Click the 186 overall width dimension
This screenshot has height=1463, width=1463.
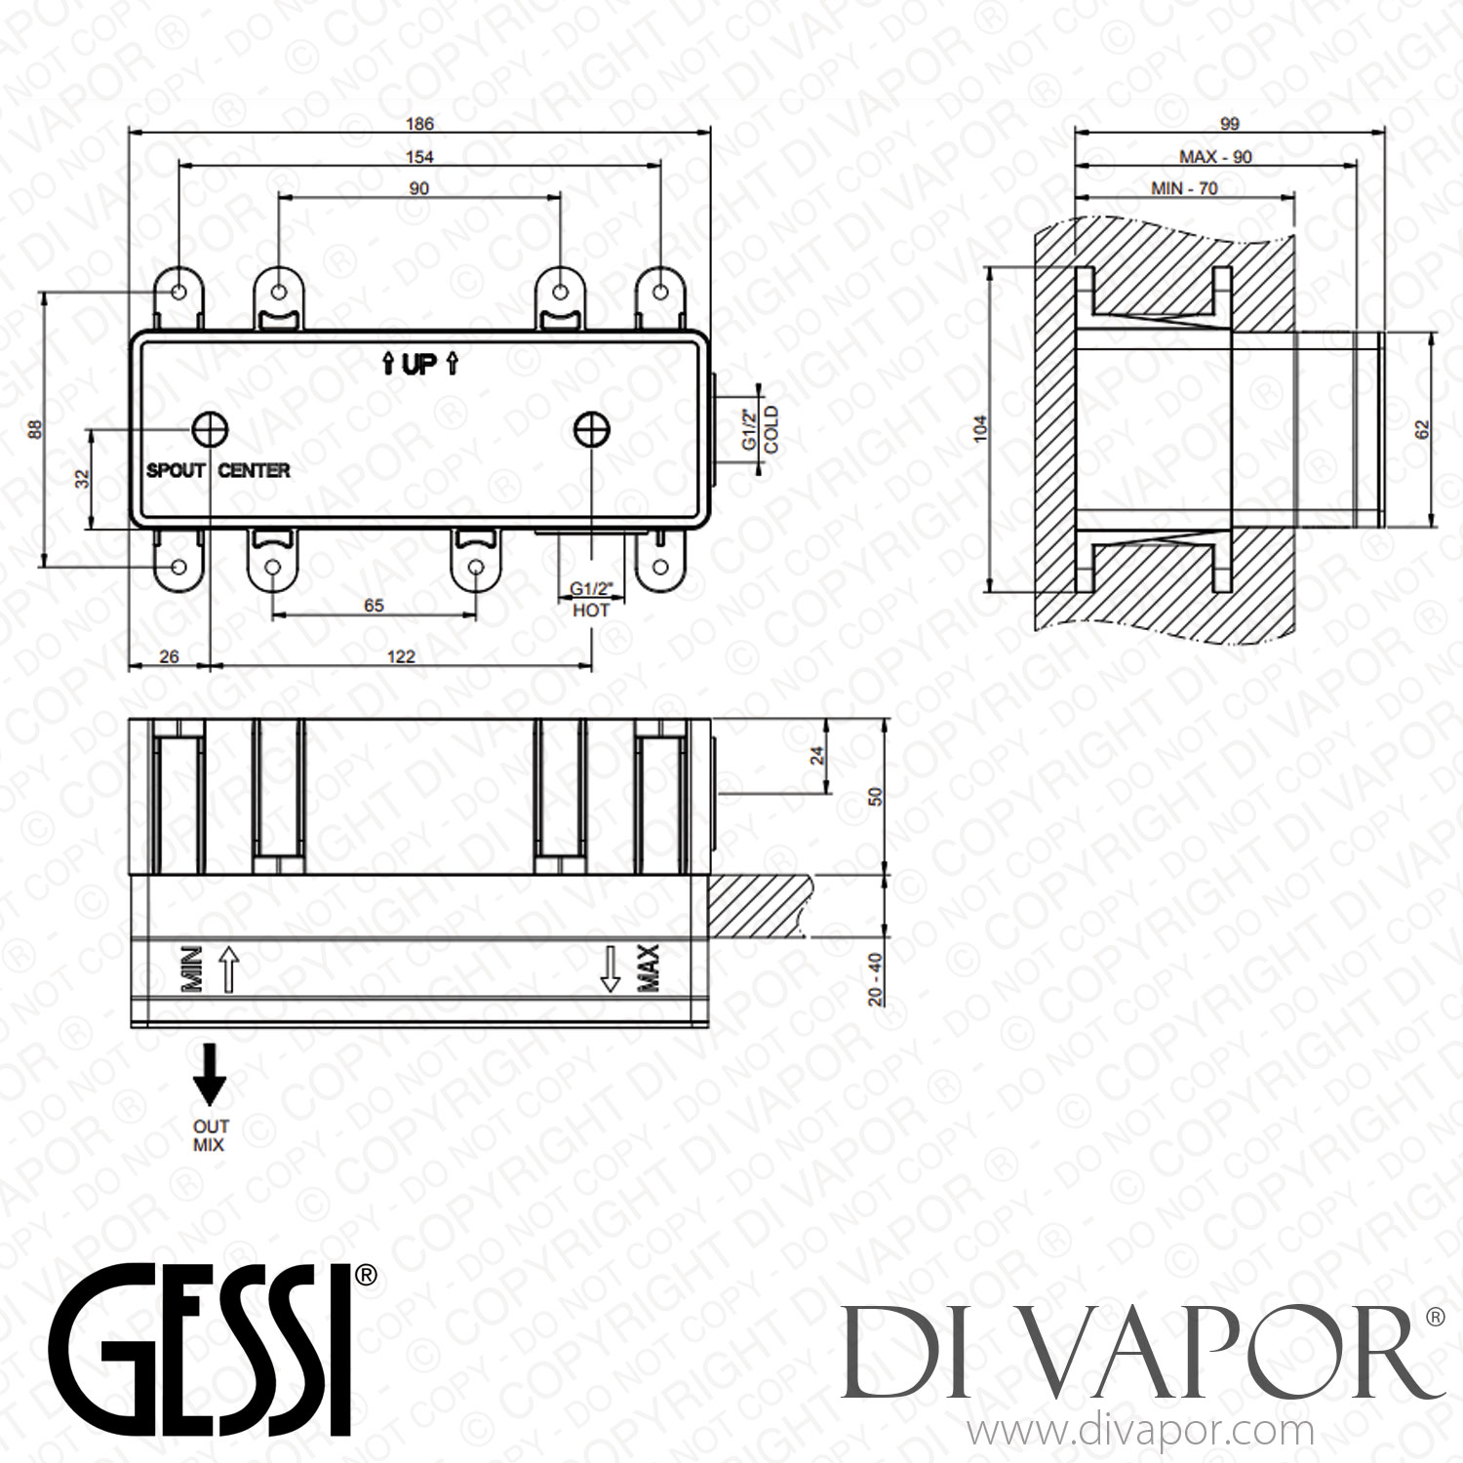coord(419,124)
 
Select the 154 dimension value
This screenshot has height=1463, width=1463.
coord(419,156)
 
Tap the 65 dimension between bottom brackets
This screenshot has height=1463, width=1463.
coord(374,606)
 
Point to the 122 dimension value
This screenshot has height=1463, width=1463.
coord(401,656)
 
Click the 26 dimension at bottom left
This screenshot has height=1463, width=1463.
coord(169,656)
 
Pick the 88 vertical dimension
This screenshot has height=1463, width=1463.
coord(35,428)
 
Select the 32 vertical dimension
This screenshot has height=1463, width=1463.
coord(83,479)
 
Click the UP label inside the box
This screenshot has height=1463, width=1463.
coord(419,365)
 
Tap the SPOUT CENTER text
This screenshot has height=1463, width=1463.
coord(217,470)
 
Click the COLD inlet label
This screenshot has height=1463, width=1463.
coord(771,430)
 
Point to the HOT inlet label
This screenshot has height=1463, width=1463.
coord(590,610)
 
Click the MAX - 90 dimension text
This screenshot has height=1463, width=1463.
coord(1215,157)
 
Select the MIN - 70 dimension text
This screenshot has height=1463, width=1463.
coord(1184,188)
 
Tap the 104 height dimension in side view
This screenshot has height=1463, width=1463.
coord(981,428)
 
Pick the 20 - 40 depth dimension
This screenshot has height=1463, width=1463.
coord(875,978)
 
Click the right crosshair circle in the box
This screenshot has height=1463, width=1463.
coord(592,428)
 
